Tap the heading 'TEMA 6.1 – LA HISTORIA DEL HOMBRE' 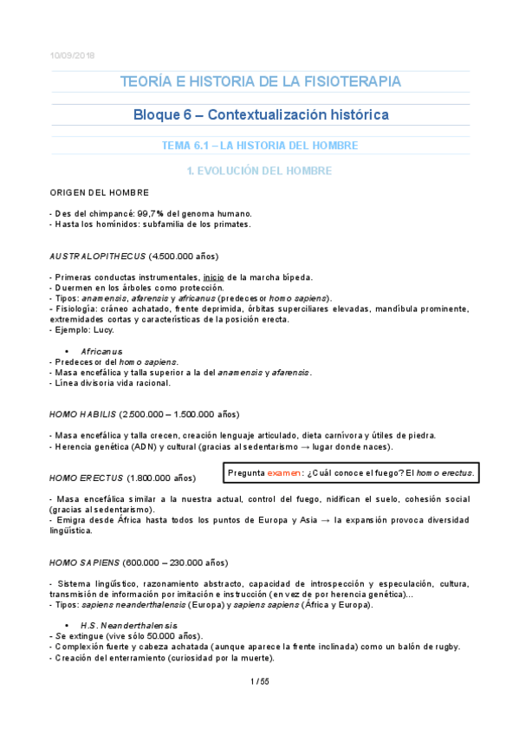coord(260,146)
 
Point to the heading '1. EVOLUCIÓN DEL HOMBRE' coord(260,171)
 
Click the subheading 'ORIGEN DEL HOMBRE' coord(99,192)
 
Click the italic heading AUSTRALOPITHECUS coord(97,257)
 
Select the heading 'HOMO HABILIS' coord(83,413)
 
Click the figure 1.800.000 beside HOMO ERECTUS coord(150,478)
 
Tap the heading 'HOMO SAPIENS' coord(85,563)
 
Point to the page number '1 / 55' coord(259,681)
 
